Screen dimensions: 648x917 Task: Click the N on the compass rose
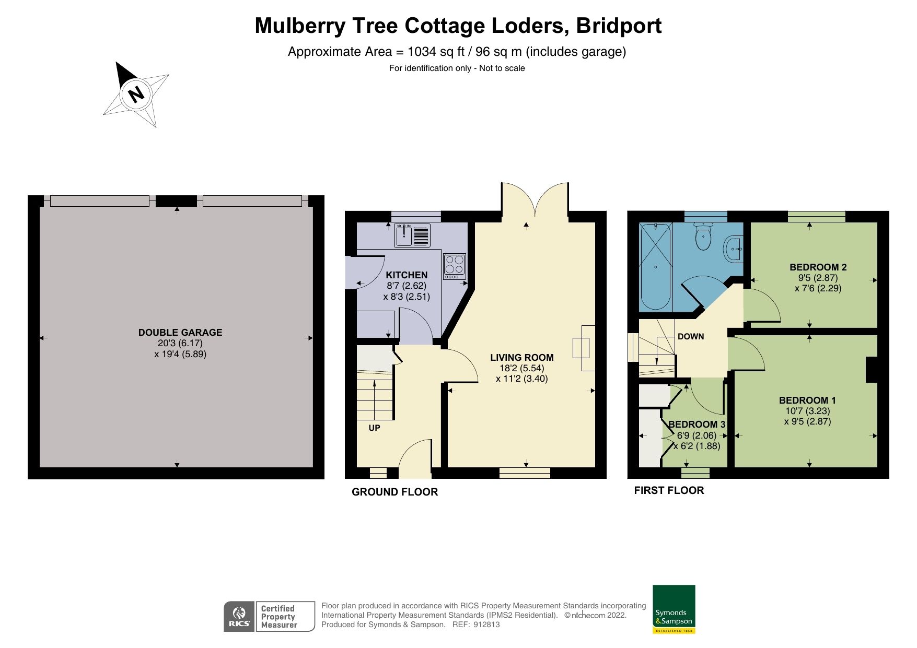click(x=136, y=95)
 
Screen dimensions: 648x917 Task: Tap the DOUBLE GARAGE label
click(x=180, y=333)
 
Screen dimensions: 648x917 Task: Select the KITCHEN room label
click(x=407, y=275)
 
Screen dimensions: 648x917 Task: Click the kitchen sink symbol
click(x=404, y=236)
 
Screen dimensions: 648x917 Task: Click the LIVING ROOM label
click(x=521, y=358)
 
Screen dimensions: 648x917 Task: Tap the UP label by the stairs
click(x=374, y=428)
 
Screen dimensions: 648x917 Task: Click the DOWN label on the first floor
click(x=691, y=337)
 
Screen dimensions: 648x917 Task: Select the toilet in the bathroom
click(x=703, y=237)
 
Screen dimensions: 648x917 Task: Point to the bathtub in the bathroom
click(x=655, y=266)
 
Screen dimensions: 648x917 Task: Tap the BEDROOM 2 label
click(x=818, y=267)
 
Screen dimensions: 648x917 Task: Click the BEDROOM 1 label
click(x=807, y=400)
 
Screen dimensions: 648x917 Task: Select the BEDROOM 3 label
click(x=697, y=425)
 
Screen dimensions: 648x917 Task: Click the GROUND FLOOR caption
click(x=394, y=492)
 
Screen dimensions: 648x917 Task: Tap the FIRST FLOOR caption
click(x=669, y=490)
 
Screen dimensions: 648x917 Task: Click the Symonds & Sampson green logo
click(x=674, y=609)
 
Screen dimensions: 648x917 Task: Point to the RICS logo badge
click(x=239, y=617)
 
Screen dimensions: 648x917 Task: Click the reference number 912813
click(x=486, y=625)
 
